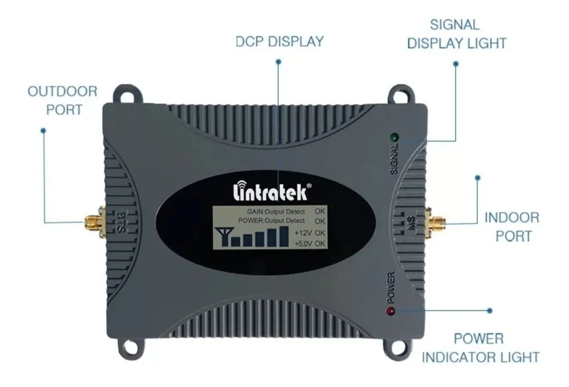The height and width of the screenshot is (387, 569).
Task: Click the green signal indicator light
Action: (394, 136)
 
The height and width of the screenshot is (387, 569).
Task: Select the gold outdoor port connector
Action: (91, 222)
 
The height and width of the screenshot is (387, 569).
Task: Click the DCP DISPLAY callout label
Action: (279, 42)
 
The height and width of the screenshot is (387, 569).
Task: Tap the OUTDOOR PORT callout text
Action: (62, 100)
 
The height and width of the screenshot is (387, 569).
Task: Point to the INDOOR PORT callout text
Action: (512, 226)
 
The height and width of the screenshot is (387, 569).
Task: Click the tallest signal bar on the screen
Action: (284, 235)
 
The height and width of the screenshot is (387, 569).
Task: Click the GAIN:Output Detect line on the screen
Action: (276, 211)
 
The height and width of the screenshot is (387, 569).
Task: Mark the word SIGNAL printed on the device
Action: (394, 159)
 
